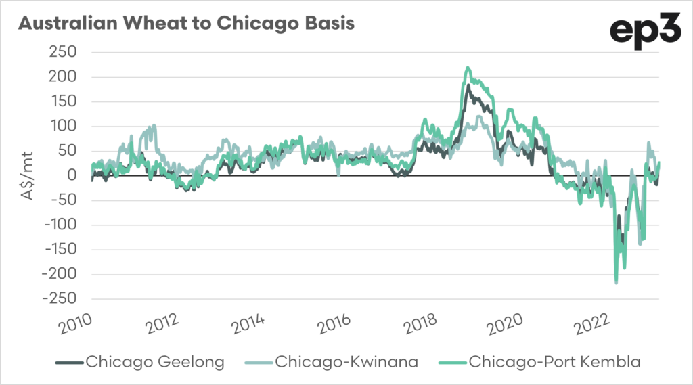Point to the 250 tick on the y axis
[x=66, y=53]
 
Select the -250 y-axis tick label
[x=62, y=299]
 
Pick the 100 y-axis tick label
[x=66, y=127]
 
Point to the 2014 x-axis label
[x=248, y=325]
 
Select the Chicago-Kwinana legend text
[x=346, y=362]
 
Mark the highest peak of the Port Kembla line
[x=468, y=68]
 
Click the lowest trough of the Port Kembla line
[x=616, y=282]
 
